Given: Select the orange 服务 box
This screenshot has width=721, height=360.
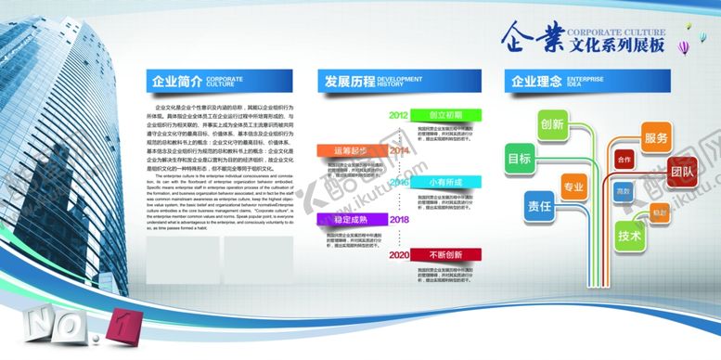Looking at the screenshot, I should (655, 137).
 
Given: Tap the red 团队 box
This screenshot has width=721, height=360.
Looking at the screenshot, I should (682, 171).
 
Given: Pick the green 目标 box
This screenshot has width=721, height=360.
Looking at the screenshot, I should (519, 159).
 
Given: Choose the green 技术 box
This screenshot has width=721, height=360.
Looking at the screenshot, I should (630, 235).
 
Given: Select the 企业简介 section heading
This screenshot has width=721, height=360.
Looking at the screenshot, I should (176, 81).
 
